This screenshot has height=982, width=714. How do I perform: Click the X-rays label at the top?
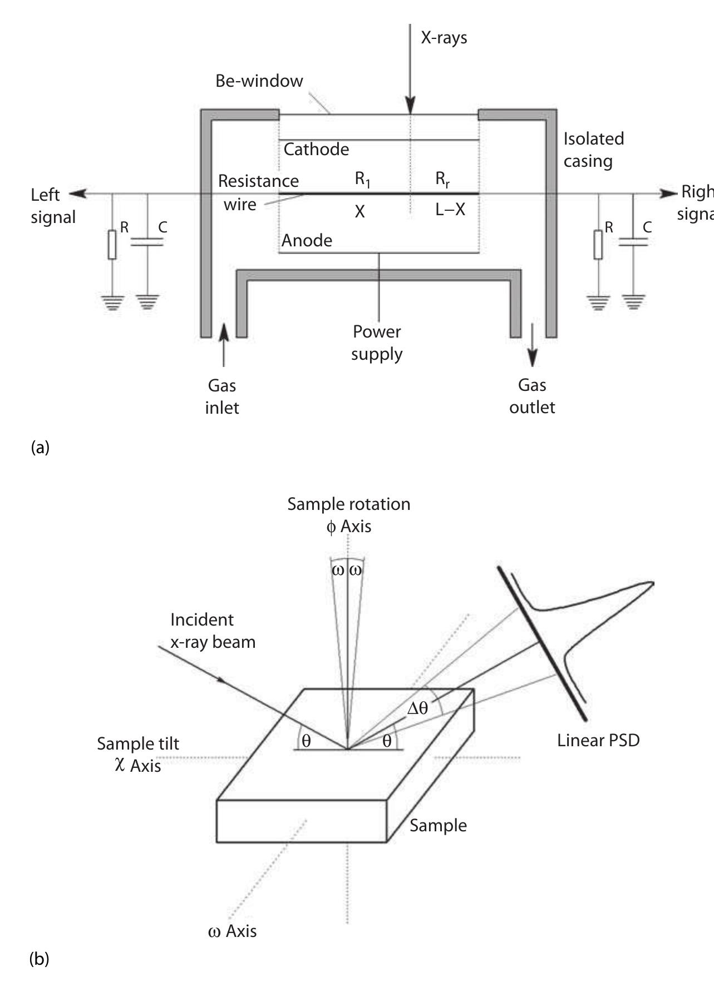click(x=444, y=38)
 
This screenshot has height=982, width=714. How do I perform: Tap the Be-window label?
click(x=259, y=81)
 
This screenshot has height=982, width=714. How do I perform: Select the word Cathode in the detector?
click(x=316, y=149)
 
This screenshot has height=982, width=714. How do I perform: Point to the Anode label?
click(x=307, y=240)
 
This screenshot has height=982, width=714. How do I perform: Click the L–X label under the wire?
click(x=450, y=210)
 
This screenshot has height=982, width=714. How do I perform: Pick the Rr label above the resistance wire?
click(x=442, y=179)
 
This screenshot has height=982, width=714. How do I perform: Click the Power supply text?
click(x=377, y=343)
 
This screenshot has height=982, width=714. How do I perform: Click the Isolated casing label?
click(x=593, y=150)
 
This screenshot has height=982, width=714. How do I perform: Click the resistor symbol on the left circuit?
click(x=112, y=245)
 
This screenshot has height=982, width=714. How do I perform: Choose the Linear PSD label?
click(x=598, y=740)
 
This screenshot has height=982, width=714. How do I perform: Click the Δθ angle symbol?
click(x=418, y=708)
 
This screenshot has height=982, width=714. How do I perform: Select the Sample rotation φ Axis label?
click(x=349, y=515)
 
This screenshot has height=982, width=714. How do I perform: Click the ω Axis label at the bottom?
click(x=232, y=931)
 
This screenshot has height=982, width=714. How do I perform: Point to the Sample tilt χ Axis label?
click(x=137, y=755)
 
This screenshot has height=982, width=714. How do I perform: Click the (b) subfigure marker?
click(x=39, y=959)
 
